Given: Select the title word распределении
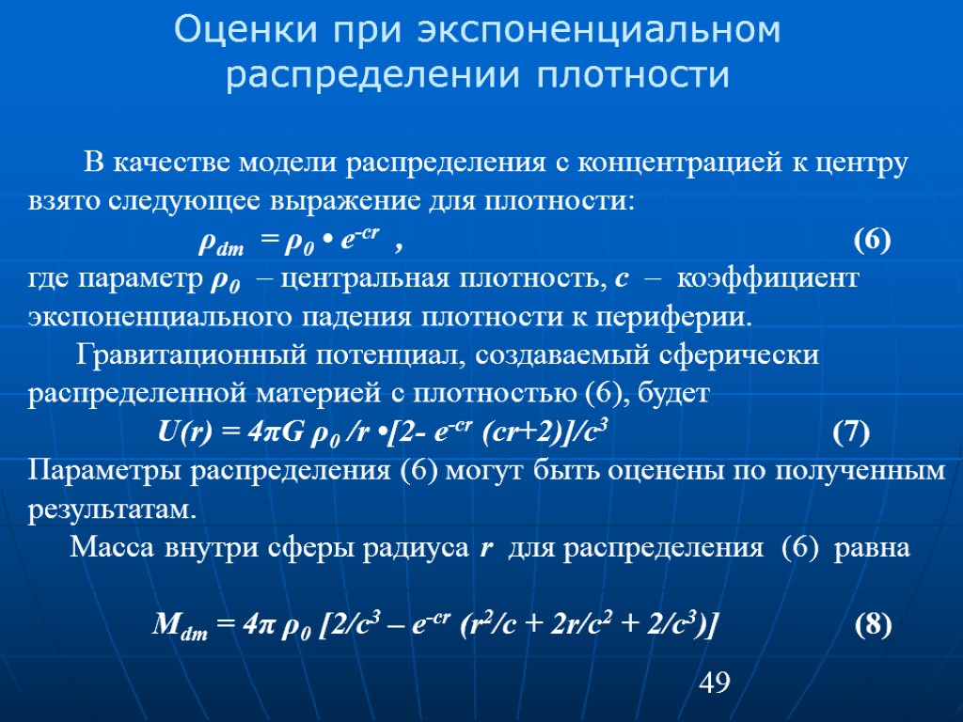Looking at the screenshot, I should [x=372, y=75].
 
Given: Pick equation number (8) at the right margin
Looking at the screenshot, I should [x=873, y=624].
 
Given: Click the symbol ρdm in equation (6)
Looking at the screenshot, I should [x=220, y=243].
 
